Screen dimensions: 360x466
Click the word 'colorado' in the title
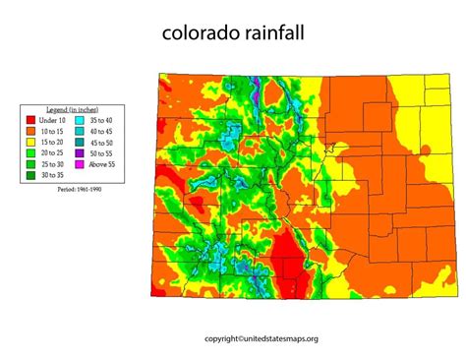202,33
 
